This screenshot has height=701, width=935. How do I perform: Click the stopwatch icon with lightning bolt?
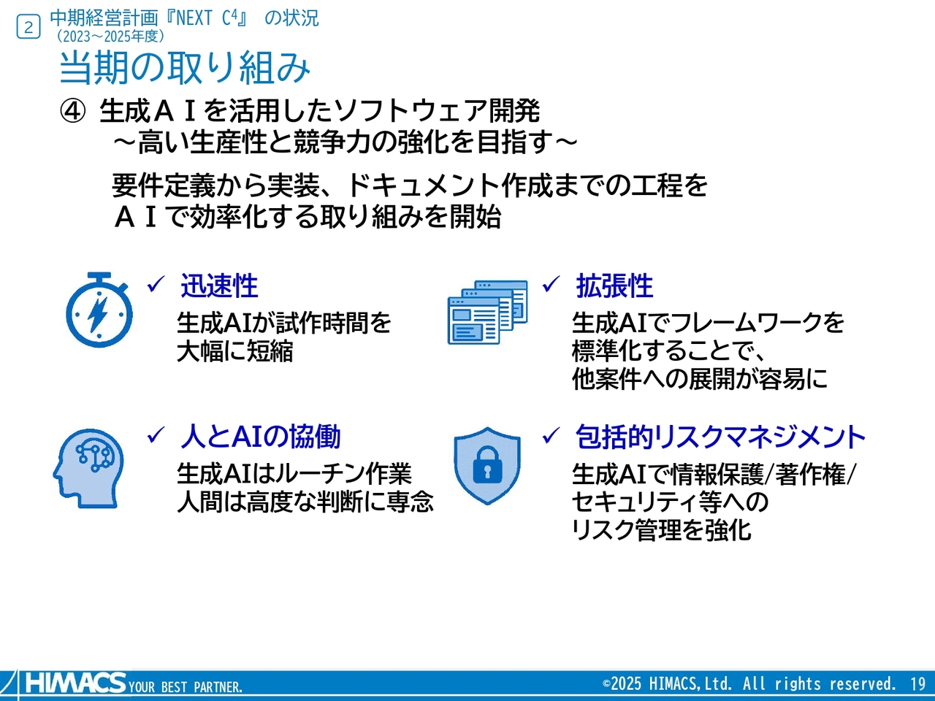tap(99, 310)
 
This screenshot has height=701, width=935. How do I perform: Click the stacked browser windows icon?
tap(487, 312)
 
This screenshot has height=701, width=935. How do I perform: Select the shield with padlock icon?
tap(487, 465)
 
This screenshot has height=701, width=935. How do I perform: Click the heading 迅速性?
tap(219, 286)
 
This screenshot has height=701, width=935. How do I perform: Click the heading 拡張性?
tap(614, 286)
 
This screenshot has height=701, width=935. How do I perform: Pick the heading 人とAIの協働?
tap(260, 437)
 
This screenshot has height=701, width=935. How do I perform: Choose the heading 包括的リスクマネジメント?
tap(720, 437)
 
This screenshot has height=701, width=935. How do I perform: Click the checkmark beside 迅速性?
tap(156, 285)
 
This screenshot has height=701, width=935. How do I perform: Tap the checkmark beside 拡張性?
tap(551, 285)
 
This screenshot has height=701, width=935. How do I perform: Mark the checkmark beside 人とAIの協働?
tap(156, 436)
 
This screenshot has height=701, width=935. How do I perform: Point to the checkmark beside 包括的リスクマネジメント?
tap(551, 436)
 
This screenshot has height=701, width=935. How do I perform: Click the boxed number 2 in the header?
tap(28, 28)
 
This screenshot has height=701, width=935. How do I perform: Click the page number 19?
tap(917, 684)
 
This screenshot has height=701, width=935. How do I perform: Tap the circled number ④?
tap(72, 112)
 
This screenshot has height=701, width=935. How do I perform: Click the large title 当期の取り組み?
tap(185, 68)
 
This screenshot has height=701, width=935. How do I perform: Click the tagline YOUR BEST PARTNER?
tap(186, 687)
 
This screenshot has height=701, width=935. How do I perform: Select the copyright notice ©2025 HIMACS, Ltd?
tap(749, 684)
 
